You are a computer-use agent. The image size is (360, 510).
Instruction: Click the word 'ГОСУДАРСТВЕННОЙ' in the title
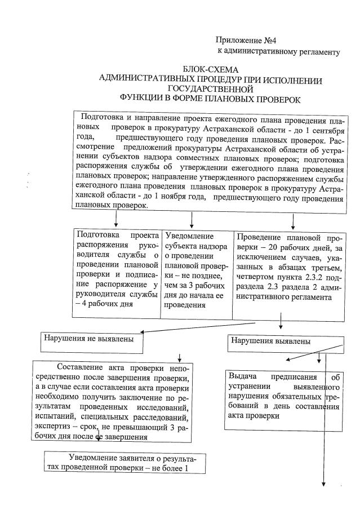211,89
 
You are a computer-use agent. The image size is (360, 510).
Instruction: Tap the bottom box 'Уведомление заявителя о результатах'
126,462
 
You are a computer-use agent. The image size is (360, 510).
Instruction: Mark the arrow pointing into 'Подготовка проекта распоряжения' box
116,223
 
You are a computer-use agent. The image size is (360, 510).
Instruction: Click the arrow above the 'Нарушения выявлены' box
280,326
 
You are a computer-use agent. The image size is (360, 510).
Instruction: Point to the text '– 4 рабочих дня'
105,305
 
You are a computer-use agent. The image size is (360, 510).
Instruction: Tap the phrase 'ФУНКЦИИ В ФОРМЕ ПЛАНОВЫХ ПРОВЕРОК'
211,99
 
